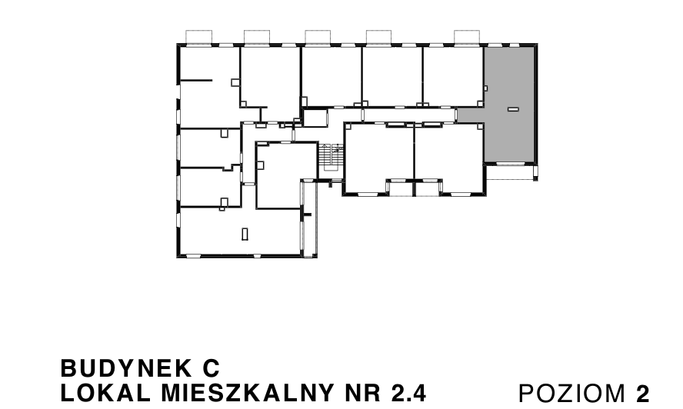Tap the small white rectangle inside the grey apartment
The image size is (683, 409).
(513, 110)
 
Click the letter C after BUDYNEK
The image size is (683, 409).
(213, 365)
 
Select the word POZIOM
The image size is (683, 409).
(573, 393)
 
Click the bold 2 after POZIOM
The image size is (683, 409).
(643, 393)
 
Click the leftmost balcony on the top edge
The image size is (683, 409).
(199, 36)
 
